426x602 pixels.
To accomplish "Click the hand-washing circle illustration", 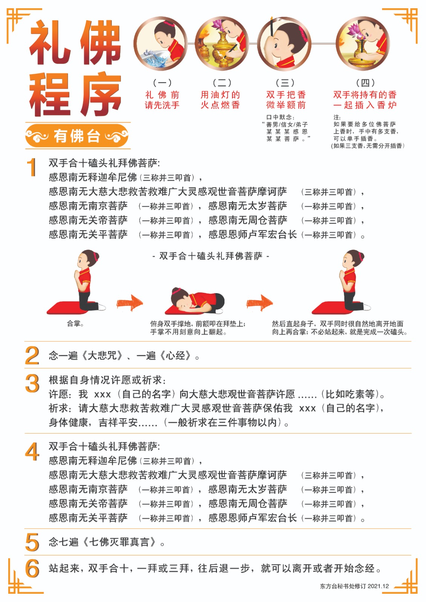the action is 161,44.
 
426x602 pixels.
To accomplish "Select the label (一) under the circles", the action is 162,83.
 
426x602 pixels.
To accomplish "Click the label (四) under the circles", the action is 365,83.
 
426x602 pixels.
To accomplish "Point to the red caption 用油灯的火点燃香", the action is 220,100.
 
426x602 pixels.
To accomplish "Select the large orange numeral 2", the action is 32,356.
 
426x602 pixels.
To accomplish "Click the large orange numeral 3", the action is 32,383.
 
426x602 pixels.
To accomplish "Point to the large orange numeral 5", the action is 32,542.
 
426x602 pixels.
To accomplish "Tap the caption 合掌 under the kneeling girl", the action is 75,324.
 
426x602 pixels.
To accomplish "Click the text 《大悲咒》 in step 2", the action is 102,356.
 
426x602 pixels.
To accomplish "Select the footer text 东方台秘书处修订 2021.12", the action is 354,586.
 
